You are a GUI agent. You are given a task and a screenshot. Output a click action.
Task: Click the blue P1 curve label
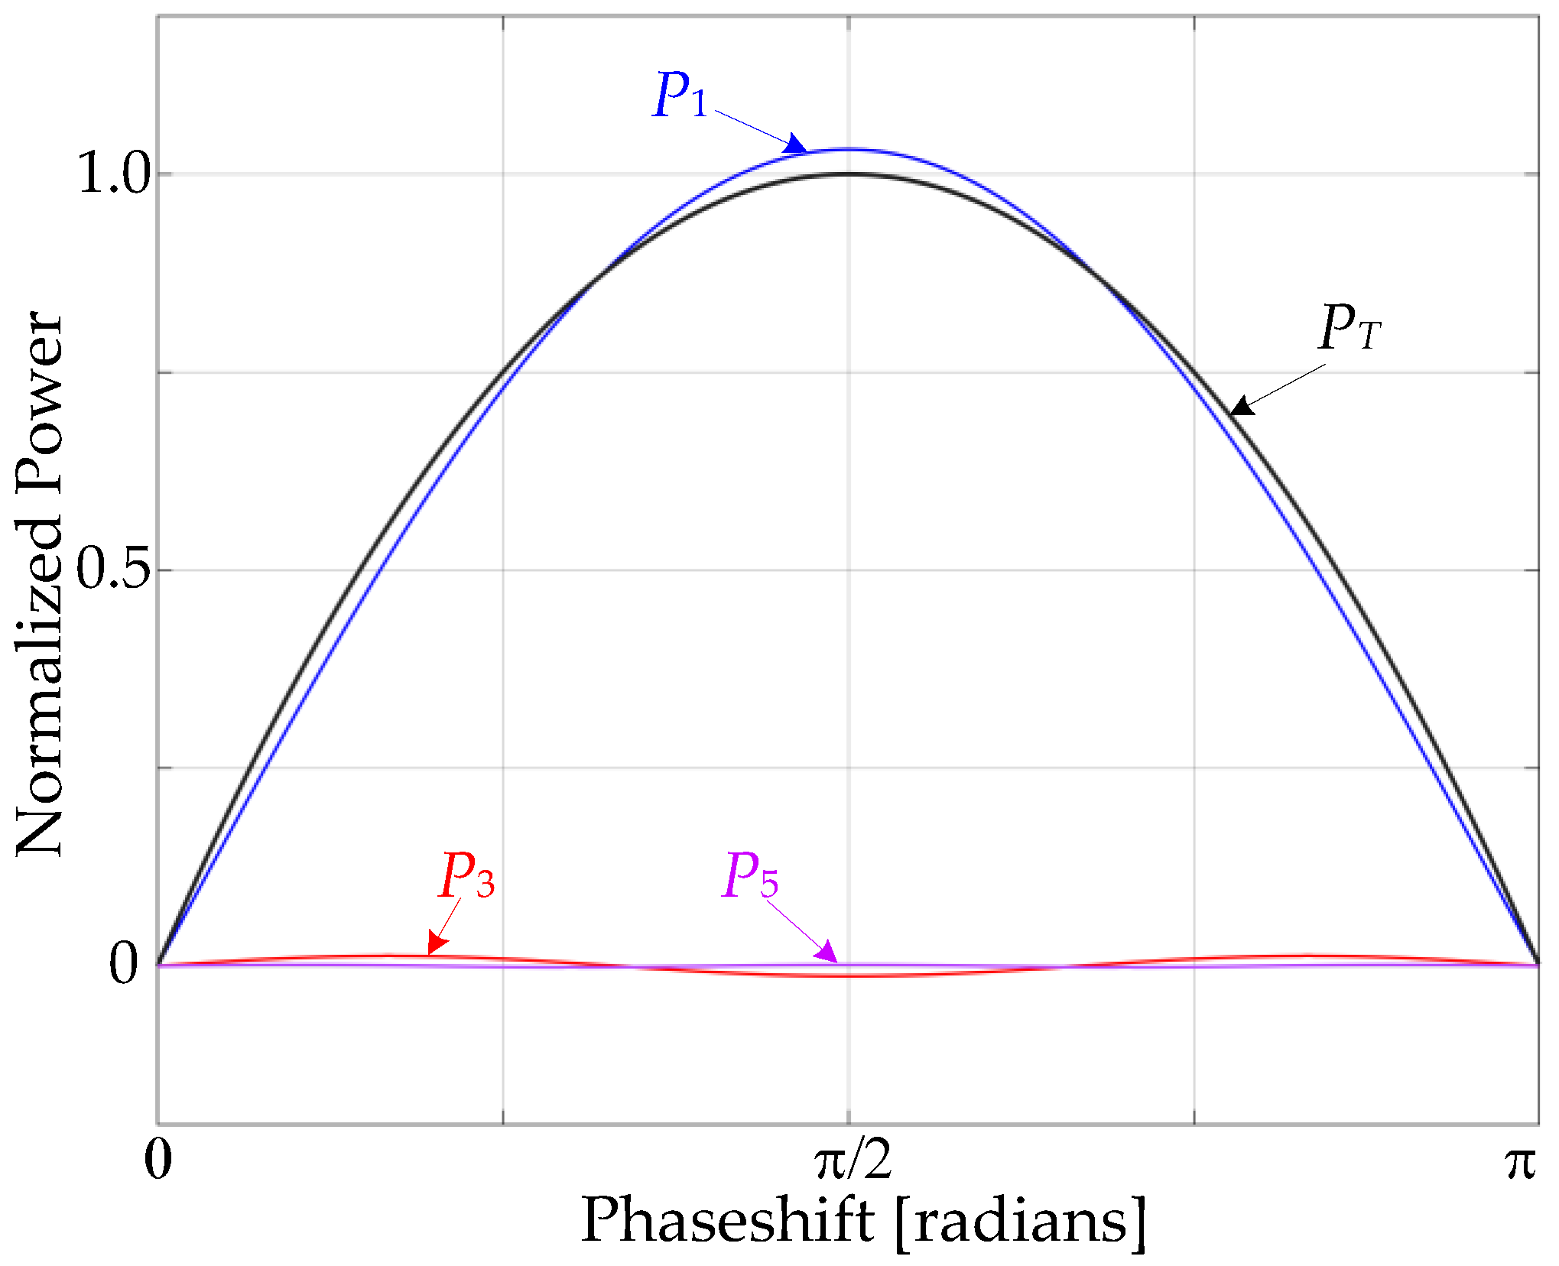click(680, 96)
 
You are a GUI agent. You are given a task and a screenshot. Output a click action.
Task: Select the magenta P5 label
click(750, 876)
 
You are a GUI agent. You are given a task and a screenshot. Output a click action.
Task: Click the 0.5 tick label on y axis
click(113, 570)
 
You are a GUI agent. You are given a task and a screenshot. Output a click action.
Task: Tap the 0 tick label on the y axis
click(124, 964)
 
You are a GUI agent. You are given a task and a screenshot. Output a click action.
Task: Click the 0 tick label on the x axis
click(158, 1160)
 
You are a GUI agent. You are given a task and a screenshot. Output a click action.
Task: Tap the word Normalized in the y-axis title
click(40, 685)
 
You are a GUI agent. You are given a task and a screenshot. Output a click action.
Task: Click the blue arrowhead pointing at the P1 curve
click(795, 144)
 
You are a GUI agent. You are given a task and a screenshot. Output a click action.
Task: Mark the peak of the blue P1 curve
click(849, 149)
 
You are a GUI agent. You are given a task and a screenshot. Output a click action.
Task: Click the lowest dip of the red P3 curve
click(849, 976)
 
